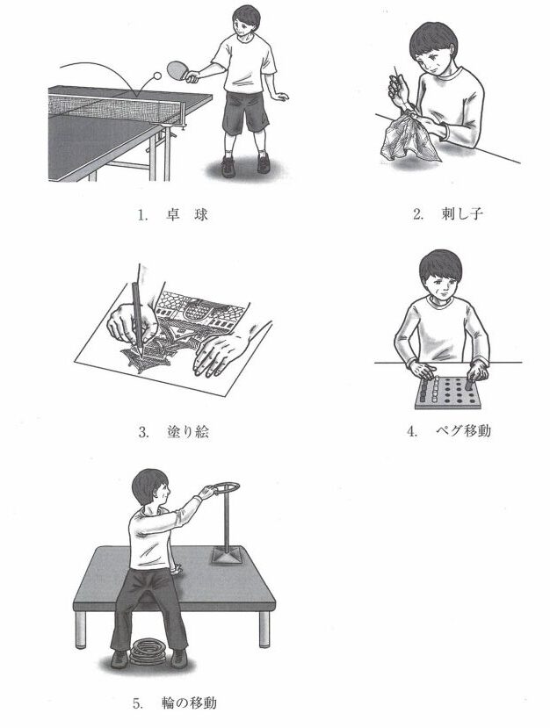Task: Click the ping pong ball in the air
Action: click(157, 76)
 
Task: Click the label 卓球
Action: click(186, 214)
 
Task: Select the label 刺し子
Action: click(462, 213)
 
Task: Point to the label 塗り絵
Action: click(188, 432)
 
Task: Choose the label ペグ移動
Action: click(463, 431)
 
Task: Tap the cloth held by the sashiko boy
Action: click(408, 137)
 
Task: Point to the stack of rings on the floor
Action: click(148, 651)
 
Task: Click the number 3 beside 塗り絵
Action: click(143, 433)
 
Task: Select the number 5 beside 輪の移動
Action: click(137, 704)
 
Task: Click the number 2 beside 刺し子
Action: click(417, 214)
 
